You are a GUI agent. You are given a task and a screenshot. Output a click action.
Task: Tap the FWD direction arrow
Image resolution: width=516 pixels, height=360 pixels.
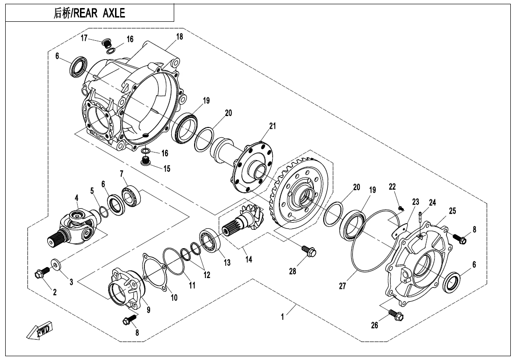40,330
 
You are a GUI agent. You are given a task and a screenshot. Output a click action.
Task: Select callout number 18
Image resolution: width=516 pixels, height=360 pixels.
179,37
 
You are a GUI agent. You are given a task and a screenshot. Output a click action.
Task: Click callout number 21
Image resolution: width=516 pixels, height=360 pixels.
272,126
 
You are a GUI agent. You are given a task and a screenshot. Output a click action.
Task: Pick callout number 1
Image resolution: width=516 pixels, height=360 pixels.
283,317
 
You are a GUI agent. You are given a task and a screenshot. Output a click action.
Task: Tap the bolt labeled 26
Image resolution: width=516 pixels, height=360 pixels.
393,315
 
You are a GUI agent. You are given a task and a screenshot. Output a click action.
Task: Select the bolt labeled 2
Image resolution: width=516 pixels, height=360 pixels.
42,272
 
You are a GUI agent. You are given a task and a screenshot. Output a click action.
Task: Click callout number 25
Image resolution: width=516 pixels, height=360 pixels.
452,211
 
